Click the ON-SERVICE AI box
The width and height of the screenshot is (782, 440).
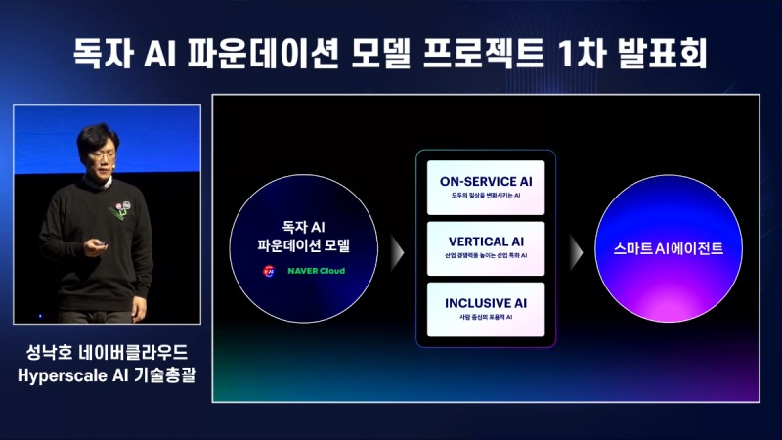[x=485, y=187]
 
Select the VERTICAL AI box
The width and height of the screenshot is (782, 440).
[x=485, y=246]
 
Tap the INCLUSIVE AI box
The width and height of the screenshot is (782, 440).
[x=485, y=308]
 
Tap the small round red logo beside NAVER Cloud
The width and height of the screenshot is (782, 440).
[x=268, y=271]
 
